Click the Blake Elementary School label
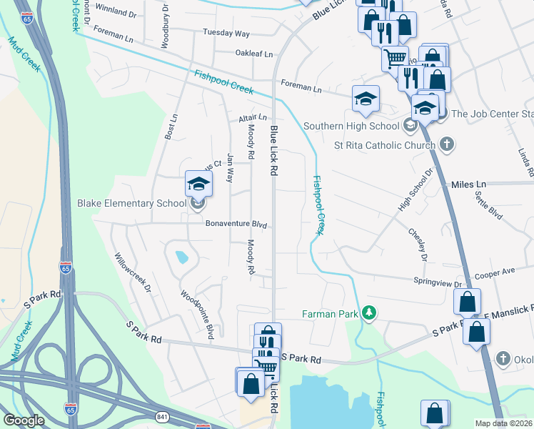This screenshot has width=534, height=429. (x=132, y=203)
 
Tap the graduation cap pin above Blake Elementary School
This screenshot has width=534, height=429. (x=198, y=184)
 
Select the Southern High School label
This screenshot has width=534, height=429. (x=351, y=127)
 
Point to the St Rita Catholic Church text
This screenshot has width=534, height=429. (x=385, y=146)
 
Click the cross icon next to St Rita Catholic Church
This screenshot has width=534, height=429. (x=446, y=145)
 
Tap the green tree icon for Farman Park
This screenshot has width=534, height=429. (x=369, y=313)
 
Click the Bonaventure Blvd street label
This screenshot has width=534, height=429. (x=236, y=225)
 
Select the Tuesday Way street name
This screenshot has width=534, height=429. (x=226, y=34)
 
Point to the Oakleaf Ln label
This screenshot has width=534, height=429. (x=253, y=54)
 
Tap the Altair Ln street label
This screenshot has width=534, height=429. (x=253, y=117)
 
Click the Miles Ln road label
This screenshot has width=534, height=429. (x=468, y=184)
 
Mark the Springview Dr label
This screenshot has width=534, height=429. (x=438, y=283)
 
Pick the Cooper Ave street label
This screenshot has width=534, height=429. (x=495, y=272)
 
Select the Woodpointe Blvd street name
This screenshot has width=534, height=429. (x=197, y=314)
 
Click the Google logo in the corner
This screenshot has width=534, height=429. (x=24, y=420)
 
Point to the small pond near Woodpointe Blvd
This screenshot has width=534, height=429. (x=181, y=256)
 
